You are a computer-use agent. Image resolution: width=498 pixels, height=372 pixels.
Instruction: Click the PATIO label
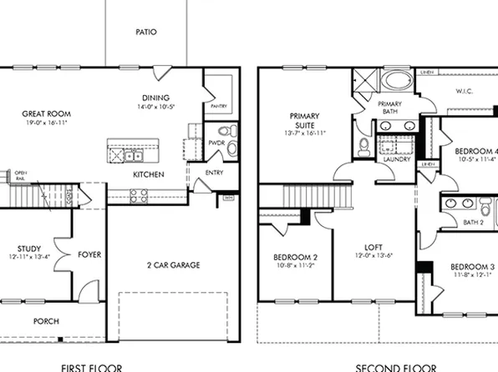(x=146, y=33)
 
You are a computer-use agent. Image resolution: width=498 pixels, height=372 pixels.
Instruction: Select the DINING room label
(x=155, y=96)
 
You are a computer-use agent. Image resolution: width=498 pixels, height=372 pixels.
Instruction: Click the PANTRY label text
(x=219, y=107)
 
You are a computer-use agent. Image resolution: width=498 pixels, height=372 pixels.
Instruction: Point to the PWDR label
(x=215, y=143)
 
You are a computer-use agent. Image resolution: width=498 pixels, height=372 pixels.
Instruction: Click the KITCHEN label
(x=149, y=174)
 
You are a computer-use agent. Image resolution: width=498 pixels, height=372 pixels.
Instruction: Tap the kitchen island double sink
(x=134, y=155)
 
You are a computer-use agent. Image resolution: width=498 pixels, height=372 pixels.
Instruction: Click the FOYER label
(x=89, y=254)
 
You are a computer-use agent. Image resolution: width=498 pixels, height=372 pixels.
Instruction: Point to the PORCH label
(x=46, y=321)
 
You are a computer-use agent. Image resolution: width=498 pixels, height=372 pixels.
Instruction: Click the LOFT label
(x=373, y=248)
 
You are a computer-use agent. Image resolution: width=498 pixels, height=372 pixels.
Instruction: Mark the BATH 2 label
(x=474, y=222)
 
